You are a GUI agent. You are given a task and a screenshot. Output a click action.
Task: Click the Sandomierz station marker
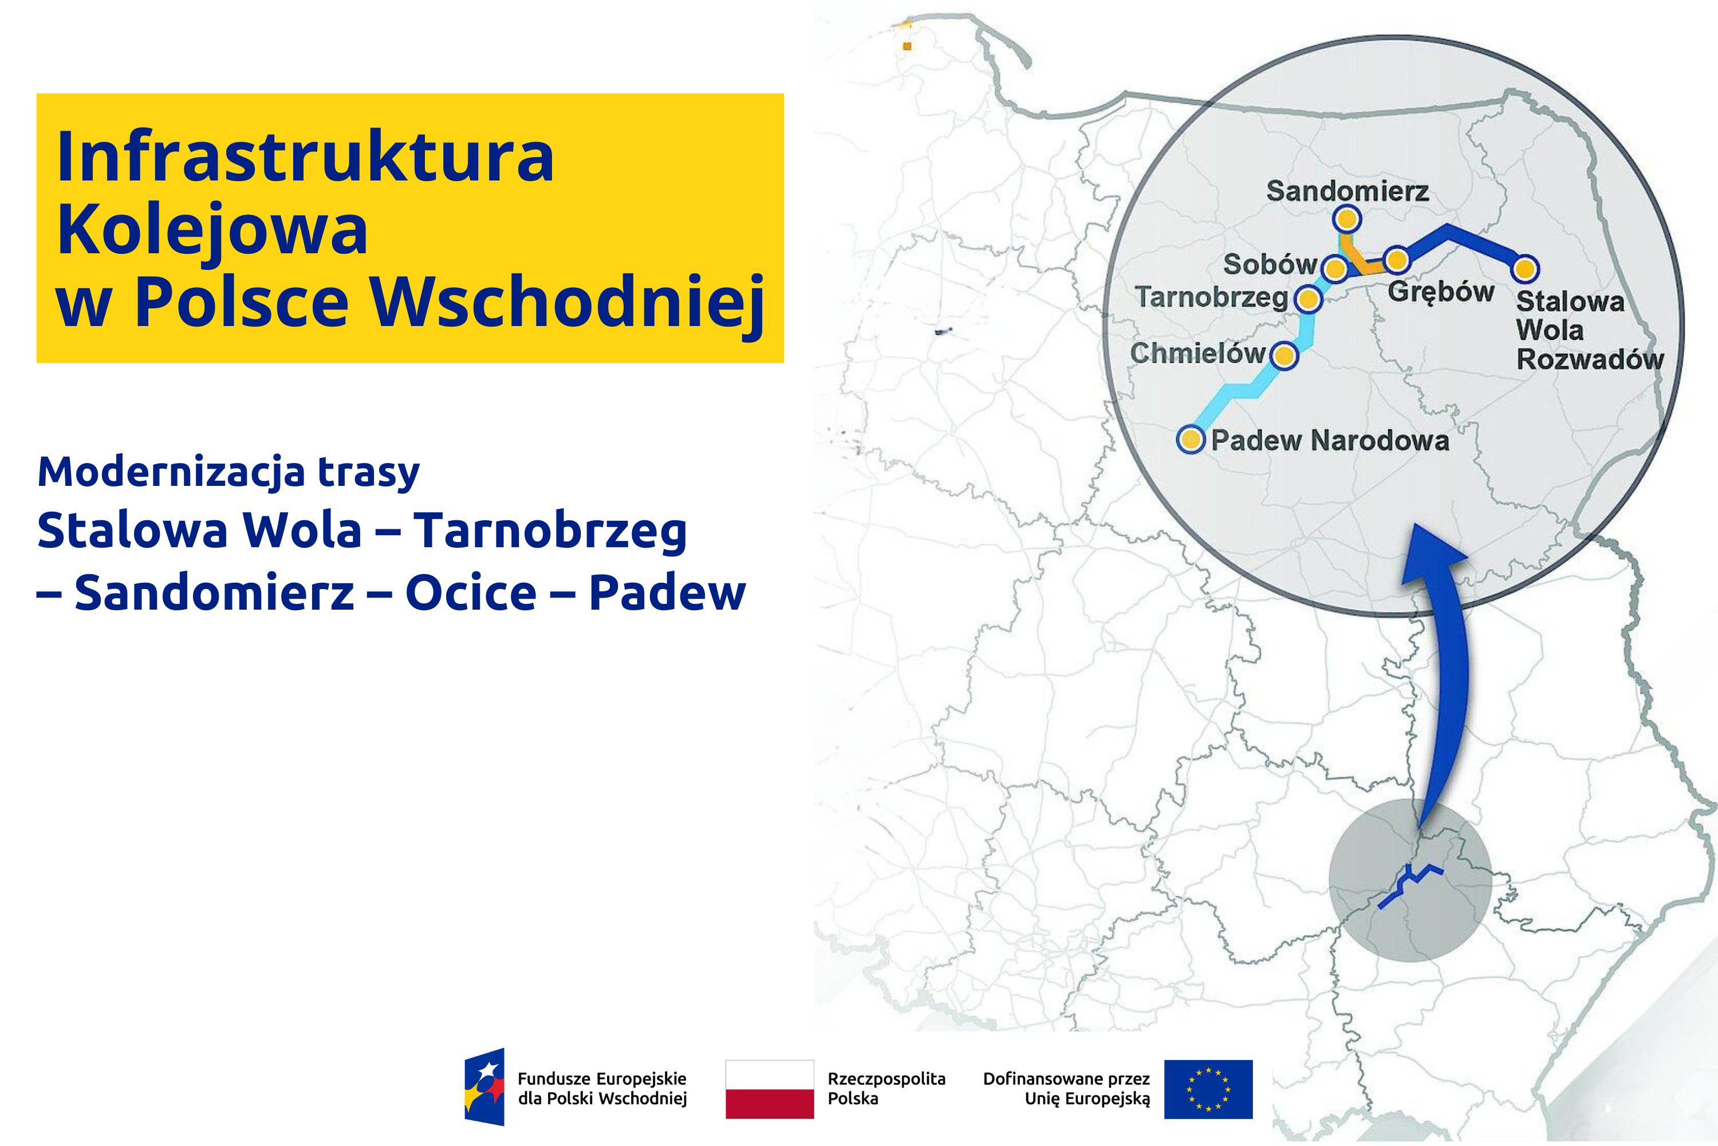(x=1346, y=218)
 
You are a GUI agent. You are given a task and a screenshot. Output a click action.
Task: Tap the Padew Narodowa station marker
(x=1191, y=439)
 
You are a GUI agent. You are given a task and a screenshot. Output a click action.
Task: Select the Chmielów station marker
(x=1284, y=356)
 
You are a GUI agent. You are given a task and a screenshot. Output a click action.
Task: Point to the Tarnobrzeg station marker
(x=1308, y=299)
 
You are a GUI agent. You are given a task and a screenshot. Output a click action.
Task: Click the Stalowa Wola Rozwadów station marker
(x=1525, y=269)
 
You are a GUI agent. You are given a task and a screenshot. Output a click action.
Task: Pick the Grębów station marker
(x=1397, y=260)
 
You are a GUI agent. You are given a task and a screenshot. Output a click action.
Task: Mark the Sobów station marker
(x=1335, y=269)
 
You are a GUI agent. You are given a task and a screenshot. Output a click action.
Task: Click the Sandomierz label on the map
(x=1347, y=191)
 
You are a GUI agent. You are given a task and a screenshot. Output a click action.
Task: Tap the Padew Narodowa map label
(x=1329, y=440)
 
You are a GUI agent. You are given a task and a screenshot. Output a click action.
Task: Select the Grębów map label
(x=1440, y=292)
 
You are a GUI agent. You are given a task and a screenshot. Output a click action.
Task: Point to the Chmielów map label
(x=1197, y=353)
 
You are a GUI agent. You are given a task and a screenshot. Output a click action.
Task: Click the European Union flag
(x=1208, y=1089)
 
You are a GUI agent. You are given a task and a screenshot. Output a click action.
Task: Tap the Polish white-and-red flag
(x=769, y=1089)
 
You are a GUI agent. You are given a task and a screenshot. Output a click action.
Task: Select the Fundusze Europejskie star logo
(x=484, y=1087)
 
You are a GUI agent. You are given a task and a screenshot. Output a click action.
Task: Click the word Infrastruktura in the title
(x=305, y=156)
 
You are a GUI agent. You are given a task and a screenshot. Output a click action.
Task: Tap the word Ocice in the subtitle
(x=471, y=592)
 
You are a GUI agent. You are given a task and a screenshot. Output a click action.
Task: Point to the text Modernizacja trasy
(x=228, y=472)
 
